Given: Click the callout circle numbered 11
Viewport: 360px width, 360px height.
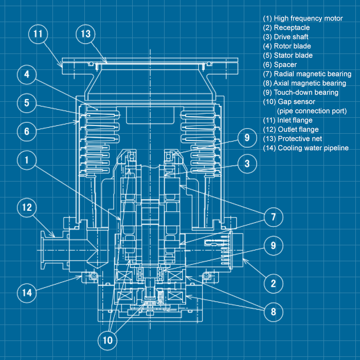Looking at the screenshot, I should coord(38,34).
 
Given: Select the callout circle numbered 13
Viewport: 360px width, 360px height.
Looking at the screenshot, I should coord(86,34).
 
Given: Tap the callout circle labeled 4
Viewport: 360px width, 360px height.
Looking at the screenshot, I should coord(27,75).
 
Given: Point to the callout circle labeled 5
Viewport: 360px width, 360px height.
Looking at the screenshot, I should coord(27,102).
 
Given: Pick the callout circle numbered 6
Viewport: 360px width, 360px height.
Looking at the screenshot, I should coord(27,131).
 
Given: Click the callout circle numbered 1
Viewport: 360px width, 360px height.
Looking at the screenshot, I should coord(27,160).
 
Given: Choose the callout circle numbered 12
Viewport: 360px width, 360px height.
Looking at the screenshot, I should coord(27,208).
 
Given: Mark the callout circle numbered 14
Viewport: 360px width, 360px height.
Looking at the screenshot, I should coord(27,292).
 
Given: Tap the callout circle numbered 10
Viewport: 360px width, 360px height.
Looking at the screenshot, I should coord(109,340).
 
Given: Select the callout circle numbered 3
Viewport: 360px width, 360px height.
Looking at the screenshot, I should coord(247,164).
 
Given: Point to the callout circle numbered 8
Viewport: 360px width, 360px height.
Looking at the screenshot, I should coord(273,311).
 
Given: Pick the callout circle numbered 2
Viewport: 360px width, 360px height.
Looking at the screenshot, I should coord(273,283).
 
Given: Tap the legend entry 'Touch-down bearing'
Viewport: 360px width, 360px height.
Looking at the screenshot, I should coord(301,93).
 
